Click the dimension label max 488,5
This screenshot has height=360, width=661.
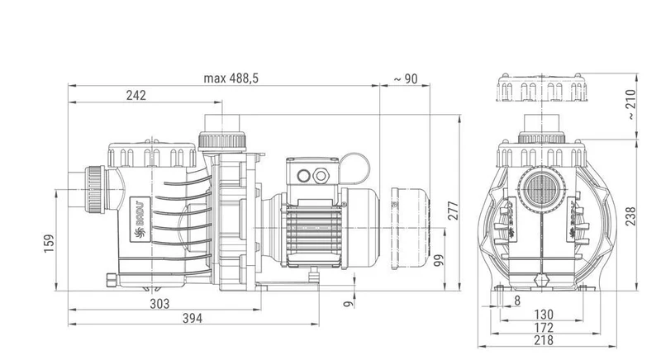tap(231, 78)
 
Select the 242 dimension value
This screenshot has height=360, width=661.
tap(136, 96)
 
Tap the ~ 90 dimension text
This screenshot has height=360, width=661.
tap(406, 78)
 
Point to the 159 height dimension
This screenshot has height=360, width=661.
tap(50, 244)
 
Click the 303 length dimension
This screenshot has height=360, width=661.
tap(159, 304)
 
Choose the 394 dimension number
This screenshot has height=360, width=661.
tap(193, 319)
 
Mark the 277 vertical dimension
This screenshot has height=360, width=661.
tap(453, 211)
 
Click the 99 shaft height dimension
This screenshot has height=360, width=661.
tap(439, 260)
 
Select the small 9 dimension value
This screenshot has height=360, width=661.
tap(348, 304)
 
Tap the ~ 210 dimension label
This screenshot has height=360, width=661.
tap(630, 104)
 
